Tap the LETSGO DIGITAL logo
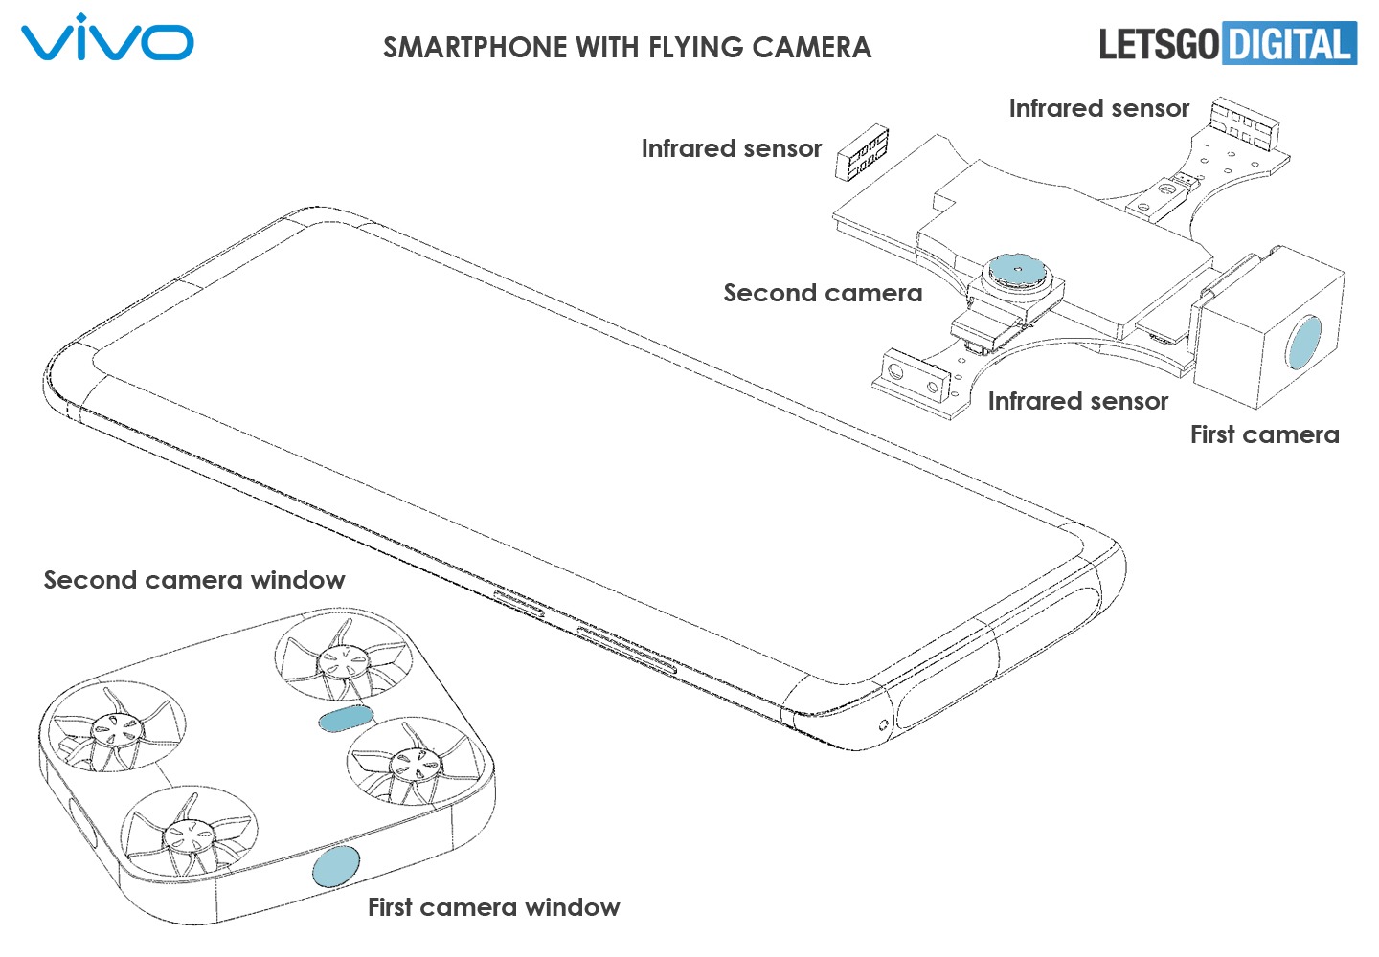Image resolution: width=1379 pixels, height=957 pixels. pyautogui.click(x=1227, y=44)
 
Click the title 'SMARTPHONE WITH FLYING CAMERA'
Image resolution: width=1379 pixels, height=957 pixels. pyautogui.click(x=627, y=48)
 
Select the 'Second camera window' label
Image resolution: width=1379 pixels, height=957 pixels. pyautogui.click(x=194, y=580)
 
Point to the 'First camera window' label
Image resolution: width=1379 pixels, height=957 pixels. pyautogui.click(x=493, y=907)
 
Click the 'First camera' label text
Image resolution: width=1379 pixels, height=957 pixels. pyautogui.click(x=1264, y=434)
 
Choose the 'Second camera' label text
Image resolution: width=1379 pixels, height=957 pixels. pyautogui.click(x=823, y=293)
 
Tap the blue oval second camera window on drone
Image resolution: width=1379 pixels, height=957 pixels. pyautogui.click(x=343, y=718)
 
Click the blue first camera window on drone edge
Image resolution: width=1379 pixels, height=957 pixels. pyautogui.click(x=336, y=866)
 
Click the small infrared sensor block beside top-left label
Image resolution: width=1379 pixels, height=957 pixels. pyautogui.click(x=863, y=153)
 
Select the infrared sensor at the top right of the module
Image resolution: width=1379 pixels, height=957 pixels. pyautogui.click(x=1245, y=122)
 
